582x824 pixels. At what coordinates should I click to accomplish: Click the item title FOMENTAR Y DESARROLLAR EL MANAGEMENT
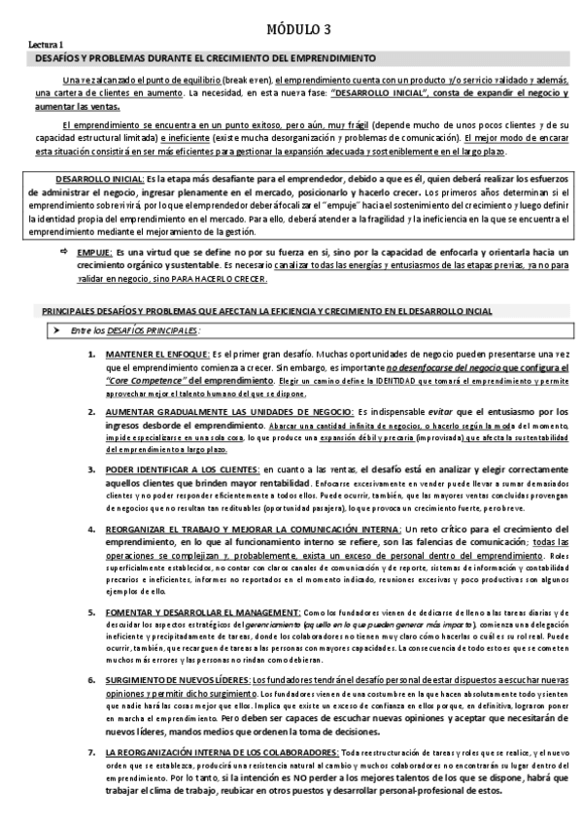(204, 613)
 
